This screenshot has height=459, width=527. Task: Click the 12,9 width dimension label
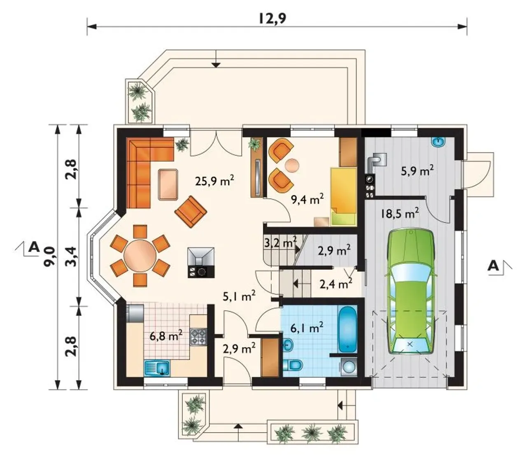[272, 18]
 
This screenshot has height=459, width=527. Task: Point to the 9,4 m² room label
[307, 199]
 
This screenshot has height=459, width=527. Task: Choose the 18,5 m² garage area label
[399, 213]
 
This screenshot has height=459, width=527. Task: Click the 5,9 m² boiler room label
[417, 170]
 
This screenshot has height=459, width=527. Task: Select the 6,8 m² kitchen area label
[166, 336]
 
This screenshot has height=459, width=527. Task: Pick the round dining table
[140, 255]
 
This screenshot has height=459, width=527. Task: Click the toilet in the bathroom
[293, 365]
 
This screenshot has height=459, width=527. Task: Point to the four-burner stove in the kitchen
[198, 337]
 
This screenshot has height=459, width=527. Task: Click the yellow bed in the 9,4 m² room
[344, 197]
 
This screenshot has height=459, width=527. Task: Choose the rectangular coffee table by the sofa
[168, 184]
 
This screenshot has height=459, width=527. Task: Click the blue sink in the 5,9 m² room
[438, 142]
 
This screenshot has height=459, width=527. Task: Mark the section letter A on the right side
[493, 266]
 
